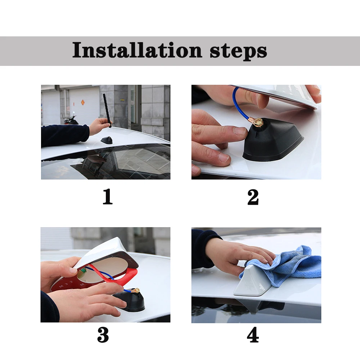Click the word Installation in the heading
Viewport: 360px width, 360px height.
click(x=137, y=50)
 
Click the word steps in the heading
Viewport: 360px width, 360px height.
click(x=238, y=51)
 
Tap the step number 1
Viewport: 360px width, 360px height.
click(x=107, y=196)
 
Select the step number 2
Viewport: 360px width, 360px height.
click(x=253, y=197)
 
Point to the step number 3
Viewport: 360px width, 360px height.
click(x=103, y=335)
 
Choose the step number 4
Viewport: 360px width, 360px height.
click(x=253, y=335)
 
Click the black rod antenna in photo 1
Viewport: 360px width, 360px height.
click(x=107, y=111)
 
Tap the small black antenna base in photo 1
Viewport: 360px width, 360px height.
click(x=107, y=140)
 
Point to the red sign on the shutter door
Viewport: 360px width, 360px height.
click(x=83, y=102)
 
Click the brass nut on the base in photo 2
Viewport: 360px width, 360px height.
click(x=258, y=121)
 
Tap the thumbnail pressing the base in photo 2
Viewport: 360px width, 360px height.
click(x=239, y=131)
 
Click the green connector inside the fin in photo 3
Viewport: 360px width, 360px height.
click(x=82, y=272)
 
